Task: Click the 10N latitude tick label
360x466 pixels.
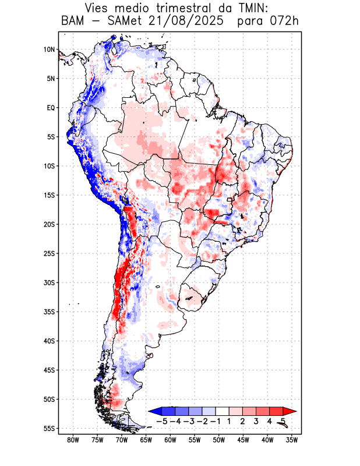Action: point(49,50)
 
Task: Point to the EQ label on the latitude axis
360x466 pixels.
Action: point(51,108)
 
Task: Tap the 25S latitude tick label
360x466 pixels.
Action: point(49,253)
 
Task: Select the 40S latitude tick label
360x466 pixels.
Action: point(49,341)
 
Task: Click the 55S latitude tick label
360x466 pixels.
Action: point(49,428)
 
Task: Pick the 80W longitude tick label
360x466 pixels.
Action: point(73,440)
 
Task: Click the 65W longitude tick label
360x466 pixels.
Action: point(146,440)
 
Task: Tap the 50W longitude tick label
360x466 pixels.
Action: point(219,440)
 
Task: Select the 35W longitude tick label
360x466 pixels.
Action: point(292,440)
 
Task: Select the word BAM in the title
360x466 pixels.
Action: point(74,22)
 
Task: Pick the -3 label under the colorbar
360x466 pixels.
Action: point(190,421)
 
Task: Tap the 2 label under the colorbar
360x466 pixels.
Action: point(242,421)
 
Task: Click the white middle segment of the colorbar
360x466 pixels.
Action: point(222,411)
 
